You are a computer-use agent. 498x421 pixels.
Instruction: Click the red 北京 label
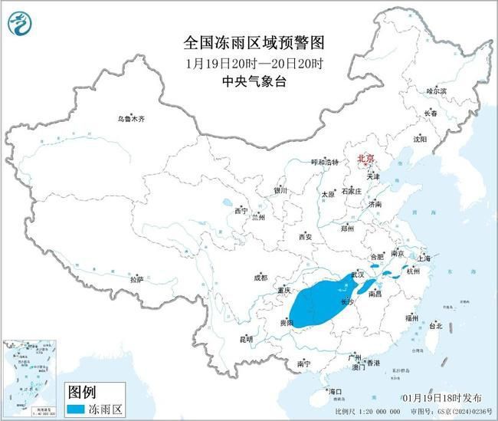coord(366,160)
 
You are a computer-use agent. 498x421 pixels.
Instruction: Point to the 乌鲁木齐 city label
coord(130,119)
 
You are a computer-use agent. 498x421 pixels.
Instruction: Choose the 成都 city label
coord(260,278)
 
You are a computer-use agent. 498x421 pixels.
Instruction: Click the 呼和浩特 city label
coord(301,163)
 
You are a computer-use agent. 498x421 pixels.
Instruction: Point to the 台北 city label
coord(434,325)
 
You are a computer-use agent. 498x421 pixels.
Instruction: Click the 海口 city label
coord(335,391)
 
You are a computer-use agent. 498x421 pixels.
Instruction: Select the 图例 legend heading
coord(82,390)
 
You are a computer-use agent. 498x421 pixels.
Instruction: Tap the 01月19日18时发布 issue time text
coord(443,398)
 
